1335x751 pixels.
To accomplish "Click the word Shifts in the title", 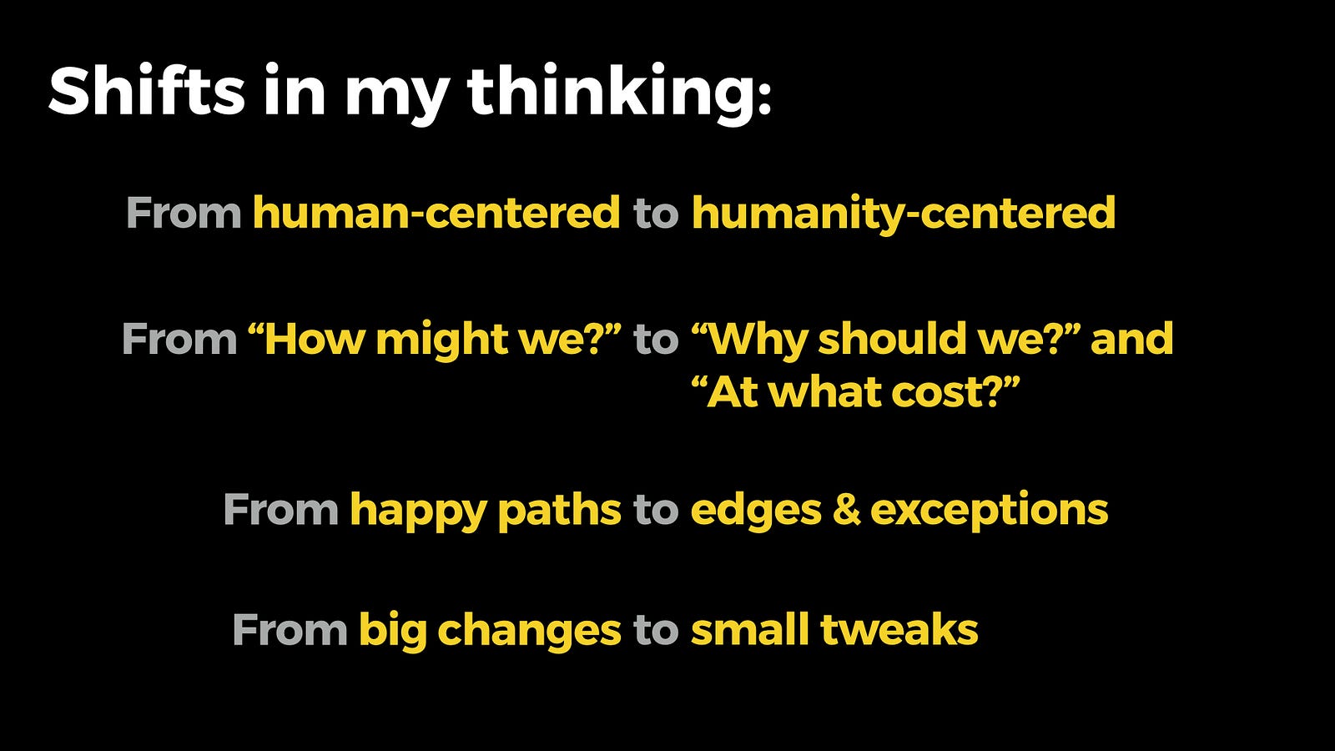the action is coord(147,90).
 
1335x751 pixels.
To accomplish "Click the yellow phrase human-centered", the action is coord(436,213).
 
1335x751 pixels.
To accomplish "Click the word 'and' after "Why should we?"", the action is coord(1131,339).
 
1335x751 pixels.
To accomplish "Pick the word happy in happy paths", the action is coord(418,512).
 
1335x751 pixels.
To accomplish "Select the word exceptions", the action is coord(990,512).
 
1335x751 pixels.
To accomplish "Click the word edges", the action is coord(756,512).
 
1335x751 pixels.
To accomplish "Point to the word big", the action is coord(393,631).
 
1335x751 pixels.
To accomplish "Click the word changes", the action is coord(529,632).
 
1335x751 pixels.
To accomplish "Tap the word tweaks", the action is coord(899,629).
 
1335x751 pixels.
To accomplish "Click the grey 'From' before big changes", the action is coord(290,629).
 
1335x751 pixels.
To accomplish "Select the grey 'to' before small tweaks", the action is coord(656,631).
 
